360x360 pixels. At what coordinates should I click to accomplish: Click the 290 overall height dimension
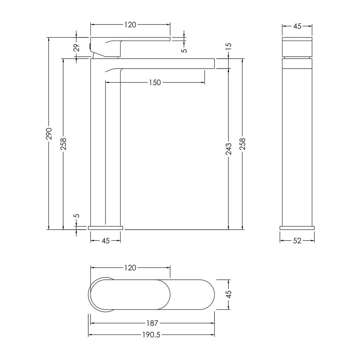[x=49, y=134]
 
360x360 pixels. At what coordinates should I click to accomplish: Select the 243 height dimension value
[x=229, y=149]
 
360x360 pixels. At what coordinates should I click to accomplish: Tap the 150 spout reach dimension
[x=155, y=82]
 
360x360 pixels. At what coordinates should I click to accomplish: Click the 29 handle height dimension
[x=76, y=47]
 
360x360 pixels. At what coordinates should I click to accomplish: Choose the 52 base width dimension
[x=297, y=241]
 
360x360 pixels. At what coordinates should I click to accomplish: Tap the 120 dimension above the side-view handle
[x=130, y=25]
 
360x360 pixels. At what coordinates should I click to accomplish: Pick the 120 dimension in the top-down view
[x=130, y=268]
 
